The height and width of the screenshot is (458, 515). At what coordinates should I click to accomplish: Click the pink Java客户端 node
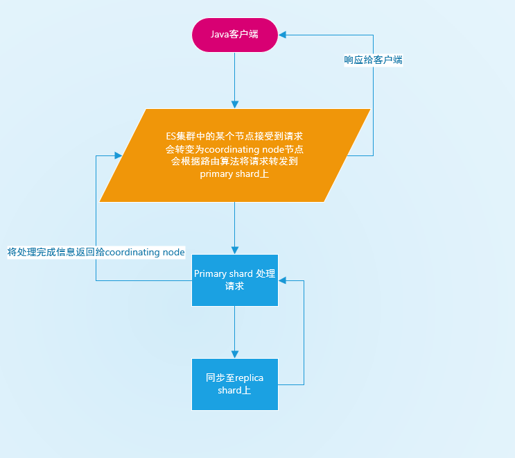tap(235, 35)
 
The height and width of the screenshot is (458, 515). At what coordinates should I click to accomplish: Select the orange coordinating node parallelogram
tap(235, 155)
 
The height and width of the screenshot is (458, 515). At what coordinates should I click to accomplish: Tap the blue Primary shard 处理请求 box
tap(235, 280)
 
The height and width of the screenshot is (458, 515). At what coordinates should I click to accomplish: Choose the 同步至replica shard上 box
tap(235, 384)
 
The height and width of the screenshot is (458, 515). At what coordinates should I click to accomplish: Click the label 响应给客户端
tap(373, 60)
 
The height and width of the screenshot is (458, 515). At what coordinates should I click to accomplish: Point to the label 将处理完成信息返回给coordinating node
tap(96, 252)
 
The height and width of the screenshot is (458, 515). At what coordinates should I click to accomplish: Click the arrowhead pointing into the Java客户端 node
tap(282, 35)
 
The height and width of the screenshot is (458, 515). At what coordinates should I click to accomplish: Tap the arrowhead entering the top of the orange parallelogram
tap(235, 105)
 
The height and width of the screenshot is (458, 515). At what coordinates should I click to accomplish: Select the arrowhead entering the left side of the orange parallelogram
tap(119, 155)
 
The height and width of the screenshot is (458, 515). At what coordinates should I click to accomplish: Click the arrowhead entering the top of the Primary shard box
tap(235, 251)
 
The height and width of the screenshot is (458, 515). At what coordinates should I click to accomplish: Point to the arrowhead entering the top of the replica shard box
tap(235, 355)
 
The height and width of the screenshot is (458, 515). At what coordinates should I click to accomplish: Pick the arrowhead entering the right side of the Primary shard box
tap(283, 280)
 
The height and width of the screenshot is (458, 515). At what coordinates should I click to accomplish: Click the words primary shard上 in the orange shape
tap(234, 173)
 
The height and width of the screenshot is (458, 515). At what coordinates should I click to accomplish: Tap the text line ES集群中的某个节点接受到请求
tap(234, 136)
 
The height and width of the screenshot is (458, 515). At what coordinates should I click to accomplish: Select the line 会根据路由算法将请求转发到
tap(234, 161)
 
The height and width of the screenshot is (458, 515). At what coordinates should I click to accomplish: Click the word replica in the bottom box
tap(250, 378)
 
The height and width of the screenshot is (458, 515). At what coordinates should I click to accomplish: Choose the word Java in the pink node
tap(220, 34)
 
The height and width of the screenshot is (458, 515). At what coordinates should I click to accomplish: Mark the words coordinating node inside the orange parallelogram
tap(245, 149)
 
